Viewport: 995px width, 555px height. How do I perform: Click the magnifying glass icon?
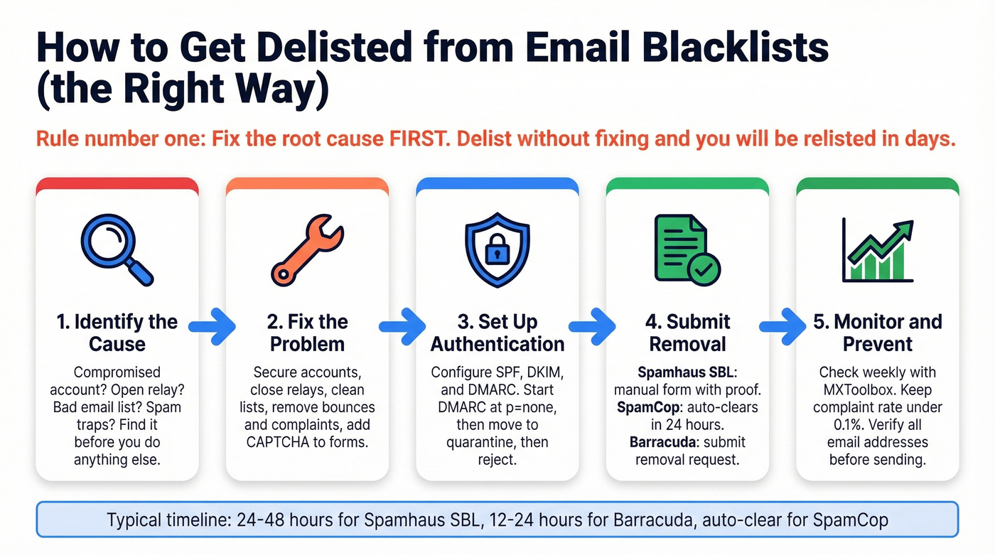116,249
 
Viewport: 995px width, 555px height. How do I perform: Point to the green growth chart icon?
877,249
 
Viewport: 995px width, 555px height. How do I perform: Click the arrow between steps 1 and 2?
212,326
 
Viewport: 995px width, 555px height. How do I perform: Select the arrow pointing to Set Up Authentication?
402,326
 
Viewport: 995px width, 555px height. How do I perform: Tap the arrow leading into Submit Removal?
592,326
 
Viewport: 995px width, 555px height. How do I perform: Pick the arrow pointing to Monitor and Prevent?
782,326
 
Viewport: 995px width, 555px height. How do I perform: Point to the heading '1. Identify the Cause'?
117,333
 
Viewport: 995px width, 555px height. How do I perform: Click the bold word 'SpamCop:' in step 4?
651,407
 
